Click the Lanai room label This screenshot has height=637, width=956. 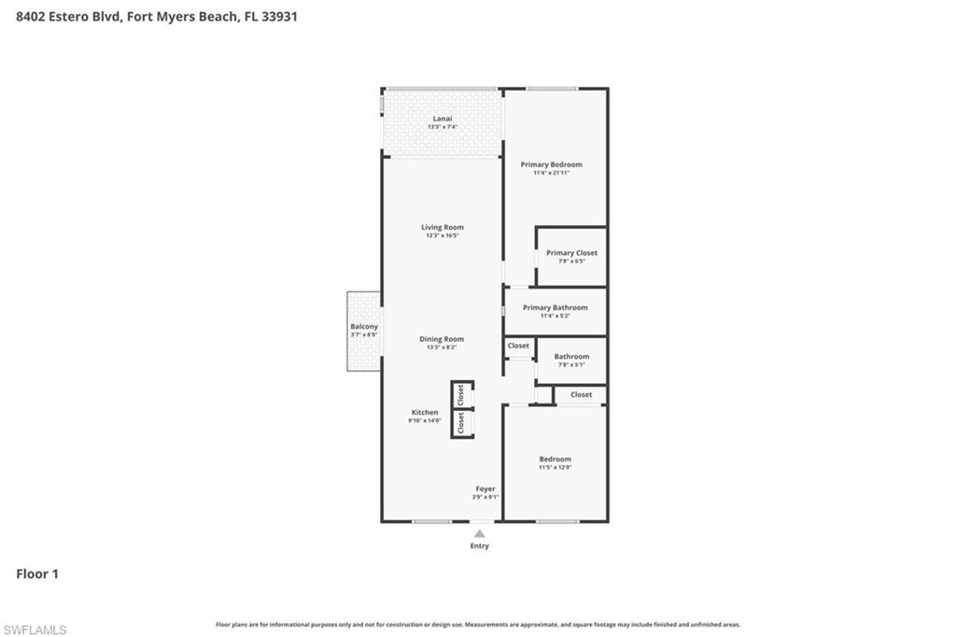tap(443, 119)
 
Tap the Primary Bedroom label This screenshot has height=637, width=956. tap(551, 164)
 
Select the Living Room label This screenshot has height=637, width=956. tap(442, 227)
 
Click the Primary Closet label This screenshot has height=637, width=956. tap(571, 253)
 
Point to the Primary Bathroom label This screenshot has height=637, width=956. tap(555, 307)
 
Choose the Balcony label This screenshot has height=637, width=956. tap(364, 326)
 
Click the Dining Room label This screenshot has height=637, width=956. tap(442, 339)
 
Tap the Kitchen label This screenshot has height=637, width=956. tap(425, 412)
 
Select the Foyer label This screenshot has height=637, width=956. tap(485, 488)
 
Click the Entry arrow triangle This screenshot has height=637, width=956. tap(479, 533)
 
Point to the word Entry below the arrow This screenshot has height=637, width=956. tap(479, 545)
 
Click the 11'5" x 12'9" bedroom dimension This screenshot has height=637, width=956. tap(555, 467)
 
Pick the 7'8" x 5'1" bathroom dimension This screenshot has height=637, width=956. tap(571, 364)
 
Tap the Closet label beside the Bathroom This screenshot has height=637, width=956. tap(518, 346)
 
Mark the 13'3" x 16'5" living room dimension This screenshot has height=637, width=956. tap(442, 235)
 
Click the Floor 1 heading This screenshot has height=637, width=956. tap(37, 573)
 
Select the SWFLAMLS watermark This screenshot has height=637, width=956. tap(35, 630)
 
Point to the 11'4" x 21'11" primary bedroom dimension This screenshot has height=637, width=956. tap(551, 173)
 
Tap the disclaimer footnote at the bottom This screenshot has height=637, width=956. tap(478, 625)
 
